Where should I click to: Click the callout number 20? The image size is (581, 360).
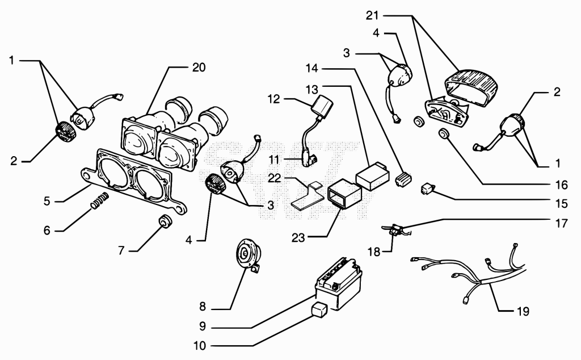pos(199,68)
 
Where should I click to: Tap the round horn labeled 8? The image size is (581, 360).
pos(249,254)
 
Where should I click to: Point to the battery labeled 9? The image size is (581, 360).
pos(338,283)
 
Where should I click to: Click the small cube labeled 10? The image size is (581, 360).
pos(319,310)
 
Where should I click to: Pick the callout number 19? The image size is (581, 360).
pos(523,311)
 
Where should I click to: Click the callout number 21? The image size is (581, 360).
pos(372,15)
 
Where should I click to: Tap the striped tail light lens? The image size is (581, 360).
pos(471,88)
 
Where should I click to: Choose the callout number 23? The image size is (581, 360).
pos(298,238)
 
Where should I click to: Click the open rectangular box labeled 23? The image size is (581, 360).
pos(344,195)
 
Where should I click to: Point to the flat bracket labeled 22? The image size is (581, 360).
pos(307,196)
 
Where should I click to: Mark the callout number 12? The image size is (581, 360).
pos(274,99)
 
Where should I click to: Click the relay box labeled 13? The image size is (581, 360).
pos(372,175)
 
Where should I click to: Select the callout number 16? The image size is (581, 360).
pos(562,185)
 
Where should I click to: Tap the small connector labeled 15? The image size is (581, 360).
pos(428,189)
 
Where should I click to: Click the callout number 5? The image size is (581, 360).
pos(47,202)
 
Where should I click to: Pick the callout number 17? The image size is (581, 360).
pos(562,224)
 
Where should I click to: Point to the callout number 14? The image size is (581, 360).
pos(312,68)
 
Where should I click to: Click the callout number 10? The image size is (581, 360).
pos(200,346)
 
